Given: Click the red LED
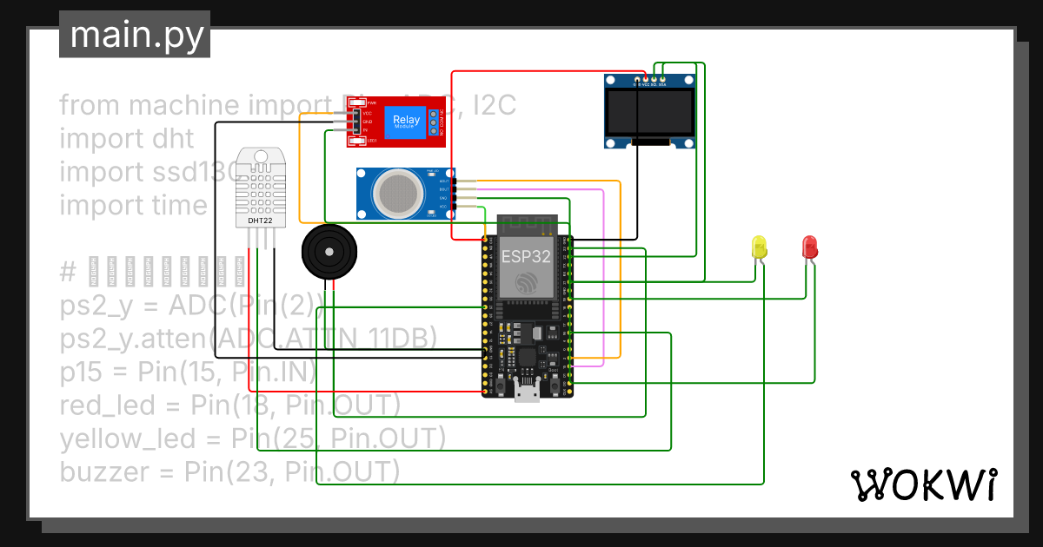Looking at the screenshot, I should (x=809, y=246).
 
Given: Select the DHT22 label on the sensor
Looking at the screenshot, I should (x=258, y=221).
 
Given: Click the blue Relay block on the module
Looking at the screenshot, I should (x=406, y=121).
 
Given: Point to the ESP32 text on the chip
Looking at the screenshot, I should (x=525, y=257).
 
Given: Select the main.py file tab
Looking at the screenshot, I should (x=135, y=36).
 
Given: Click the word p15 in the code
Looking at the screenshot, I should (x=82, y=372).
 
